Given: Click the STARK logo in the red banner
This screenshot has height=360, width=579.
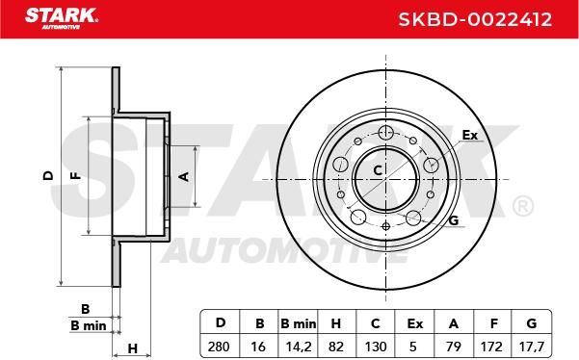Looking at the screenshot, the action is (x=62, y=18).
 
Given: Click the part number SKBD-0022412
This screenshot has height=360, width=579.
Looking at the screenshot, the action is (x=475, y=19).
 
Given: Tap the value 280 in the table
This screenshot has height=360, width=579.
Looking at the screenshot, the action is (x=219, y=347).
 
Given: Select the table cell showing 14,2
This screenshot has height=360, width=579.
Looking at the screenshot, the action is (x=299, y=347).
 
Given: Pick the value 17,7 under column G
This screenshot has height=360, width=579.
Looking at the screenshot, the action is (x=531, y=347).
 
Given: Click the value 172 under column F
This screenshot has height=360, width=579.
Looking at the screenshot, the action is (x=491, y=347).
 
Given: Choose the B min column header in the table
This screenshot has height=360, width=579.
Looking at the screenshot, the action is (x=299, y=323).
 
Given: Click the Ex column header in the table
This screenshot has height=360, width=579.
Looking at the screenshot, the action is (x=414, y=323).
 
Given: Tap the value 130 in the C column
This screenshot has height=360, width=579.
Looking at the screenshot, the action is (x=376, y=347).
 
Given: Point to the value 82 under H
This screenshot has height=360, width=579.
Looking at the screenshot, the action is (x=335, y=347).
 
